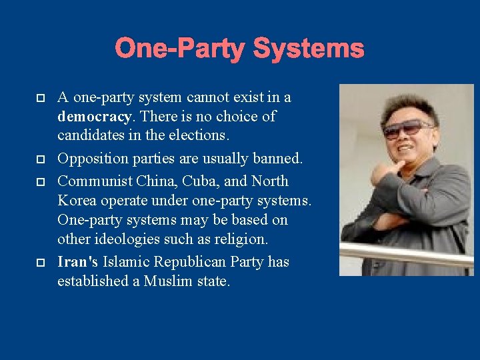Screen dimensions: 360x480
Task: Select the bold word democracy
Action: (x=93, y=117)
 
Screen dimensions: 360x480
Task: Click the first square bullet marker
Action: (x=41, y=98)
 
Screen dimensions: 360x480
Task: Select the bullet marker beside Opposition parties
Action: (x=41, y=160)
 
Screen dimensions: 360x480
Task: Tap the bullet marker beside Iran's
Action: (x=41, y=263)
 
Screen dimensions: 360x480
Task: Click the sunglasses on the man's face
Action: (x=407, y=128)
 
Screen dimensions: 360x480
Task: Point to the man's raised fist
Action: (x=383, y=170)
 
